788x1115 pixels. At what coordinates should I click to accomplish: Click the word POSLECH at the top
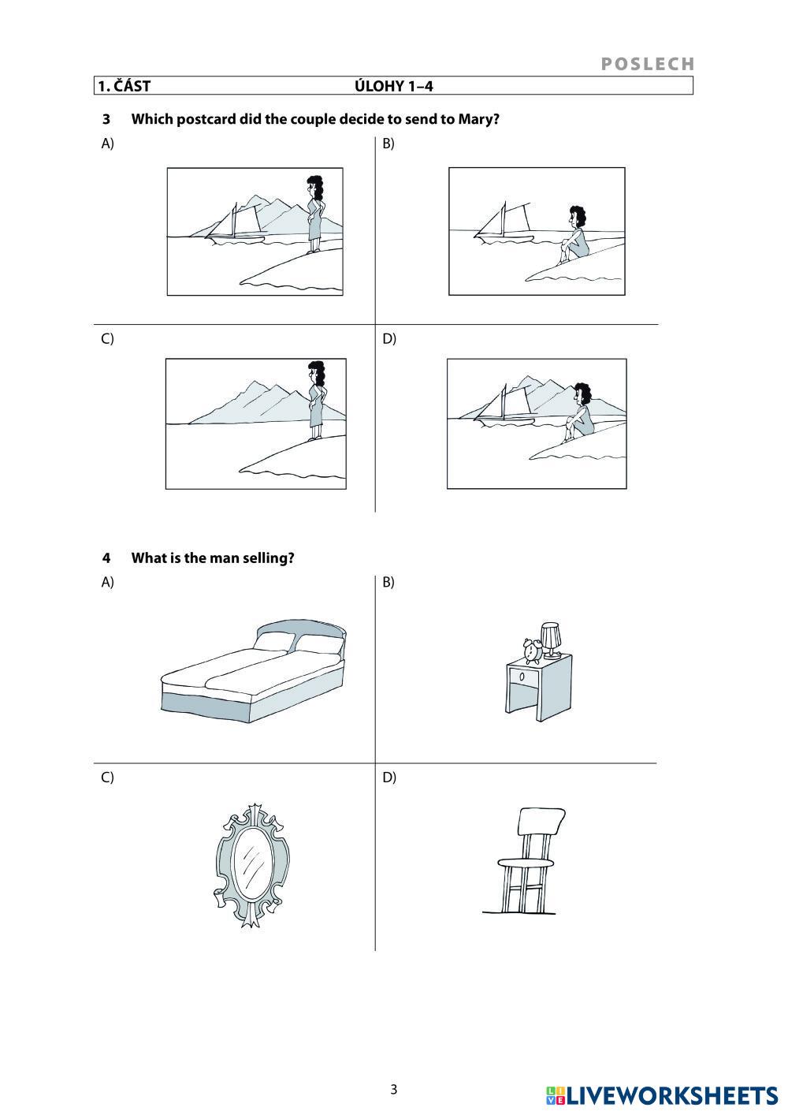(x=647, y=64)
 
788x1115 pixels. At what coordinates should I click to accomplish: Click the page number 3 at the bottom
(x=393, y=1090)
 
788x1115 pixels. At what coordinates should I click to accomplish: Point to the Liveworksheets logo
(x=662, y=1097)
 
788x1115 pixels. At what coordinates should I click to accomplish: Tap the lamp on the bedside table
(x=551, y=640)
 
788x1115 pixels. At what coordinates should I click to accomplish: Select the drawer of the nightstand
(x=523, y=677)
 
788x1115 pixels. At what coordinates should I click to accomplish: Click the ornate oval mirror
(x=252, y=866)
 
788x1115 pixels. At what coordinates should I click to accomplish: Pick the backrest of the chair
(x=541, y=822)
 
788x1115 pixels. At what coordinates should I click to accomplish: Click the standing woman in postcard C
(x=316, y=401)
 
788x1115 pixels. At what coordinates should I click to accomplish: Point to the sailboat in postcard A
(x=236, y=225)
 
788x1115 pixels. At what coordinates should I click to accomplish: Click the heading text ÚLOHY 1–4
(x=393, y=87)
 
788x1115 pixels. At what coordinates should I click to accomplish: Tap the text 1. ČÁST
(x=124, y=86)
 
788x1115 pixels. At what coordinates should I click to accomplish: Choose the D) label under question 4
(x=389, y=777)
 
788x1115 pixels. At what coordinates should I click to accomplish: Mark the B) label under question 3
(x=388, y=144)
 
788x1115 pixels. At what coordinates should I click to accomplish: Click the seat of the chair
(x=526, y=863)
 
